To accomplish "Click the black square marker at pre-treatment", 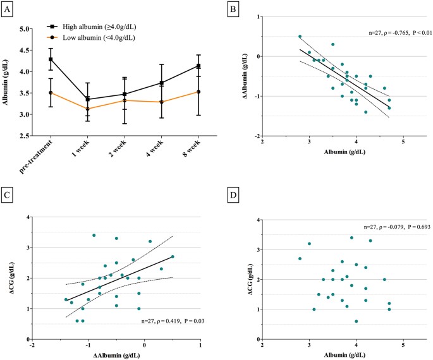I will [60, 59].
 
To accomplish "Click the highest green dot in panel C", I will [94, 236].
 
